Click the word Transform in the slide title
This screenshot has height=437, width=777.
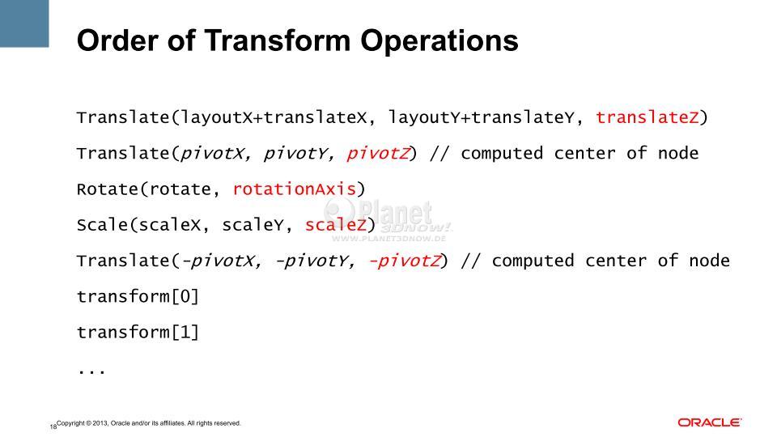click(x=278, y=40)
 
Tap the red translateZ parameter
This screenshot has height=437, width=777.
click(x=647, y=117)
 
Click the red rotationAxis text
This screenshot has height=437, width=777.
click(x=295, y=189)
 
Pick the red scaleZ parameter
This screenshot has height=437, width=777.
click(x=335, y=225)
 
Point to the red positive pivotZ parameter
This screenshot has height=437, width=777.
click(x=378, y=154)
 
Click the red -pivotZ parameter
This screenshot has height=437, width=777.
click(x=405, y=261)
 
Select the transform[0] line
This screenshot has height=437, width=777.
click(x=138, y=296)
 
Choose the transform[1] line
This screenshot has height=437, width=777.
click(x=138, y=332)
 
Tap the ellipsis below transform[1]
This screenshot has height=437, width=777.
click(x=91, y=371)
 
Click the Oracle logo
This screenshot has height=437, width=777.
click(x=710, y=422)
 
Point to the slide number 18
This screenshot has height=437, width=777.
click(x=53, y=426)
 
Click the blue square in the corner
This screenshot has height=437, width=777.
click(x=24, y=23)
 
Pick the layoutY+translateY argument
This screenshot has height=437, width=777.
click(x=481, y=118)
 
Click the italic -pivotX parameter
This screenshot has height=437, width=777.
click(x=218, y=261)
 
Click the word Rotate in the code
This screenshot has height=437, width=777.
click(x=108, y=189)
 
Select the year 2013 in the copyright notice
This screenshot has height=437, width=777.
click(x=100, y=423)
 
